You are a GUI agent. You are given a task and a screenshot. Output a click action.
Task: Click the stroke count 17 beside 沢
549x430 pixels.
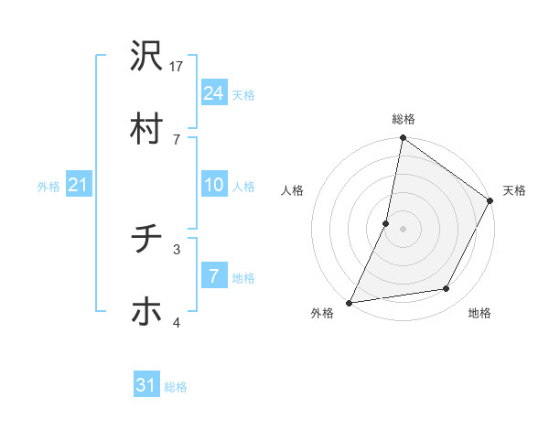pos(178,66)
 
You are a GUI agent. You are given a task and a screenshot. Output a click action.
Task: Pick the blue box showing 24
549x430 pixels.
pos(213,92)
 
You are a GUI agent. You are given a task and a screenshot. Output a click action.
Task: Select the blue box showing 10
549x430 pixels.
pos(213,185)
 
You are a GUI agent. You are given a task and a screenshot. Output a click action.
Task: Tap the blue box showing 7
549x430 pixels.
pos(213,276)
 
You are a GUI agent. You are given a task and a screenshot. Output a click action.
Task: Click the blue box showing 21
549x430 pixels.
pos(78,185)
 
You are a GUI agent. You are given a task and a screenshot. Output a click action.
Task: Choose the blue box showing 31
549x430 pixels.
pos(146,385)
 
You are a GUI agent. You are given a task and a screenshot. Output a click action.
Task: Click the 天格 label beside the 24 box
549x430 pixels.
pos(243,94)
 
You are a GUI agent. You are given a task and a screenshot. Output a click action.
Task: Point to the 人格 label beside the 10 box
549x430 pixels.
pos(243,186)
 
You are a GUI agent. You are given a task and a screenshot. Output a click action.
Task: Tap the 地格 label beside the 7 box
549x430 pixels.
pos(243,277)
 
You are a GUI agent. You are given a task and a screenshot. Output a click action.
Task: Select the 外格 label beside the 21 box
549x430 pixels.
pos(48,186)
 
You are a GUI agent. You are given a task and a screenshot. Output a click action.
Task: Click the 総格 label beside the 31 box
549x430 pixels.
pos(176,386)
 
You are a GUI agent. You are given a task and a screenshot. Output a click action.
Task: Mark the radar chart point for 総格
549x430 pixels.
pos(403,139)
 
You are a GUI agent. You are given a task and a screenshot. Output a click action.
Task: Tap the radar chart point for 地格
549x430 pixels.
pos(447,289)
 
